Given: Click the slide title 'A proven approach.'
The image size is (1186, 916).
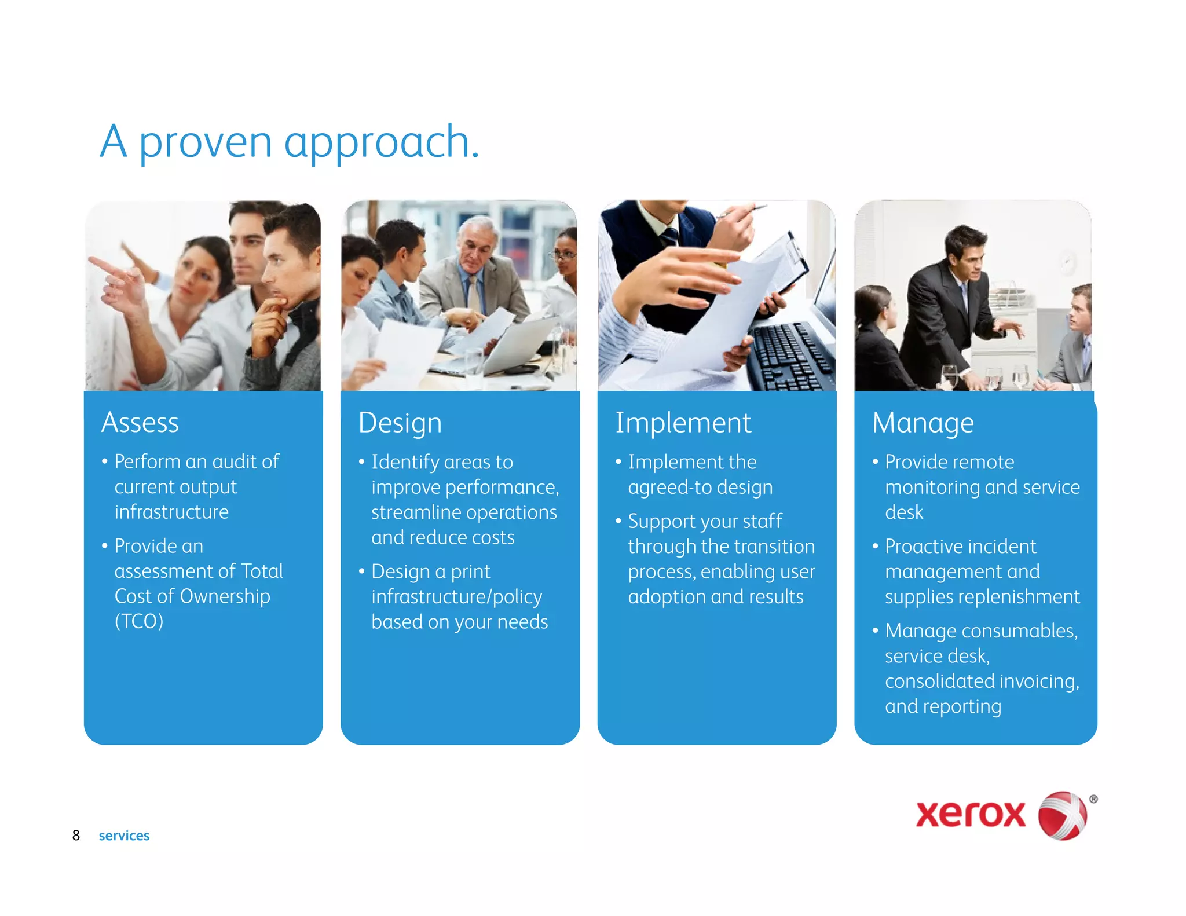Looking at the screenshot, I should point(290,142).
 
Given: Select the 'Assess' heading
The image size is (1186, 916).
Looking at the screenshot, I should point(140,422).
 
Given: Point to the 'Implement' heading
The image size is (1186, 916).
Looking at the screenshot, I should point(683,423).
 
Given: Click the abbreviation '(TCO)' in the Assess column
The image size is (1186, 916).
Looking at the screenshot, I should point(139,621).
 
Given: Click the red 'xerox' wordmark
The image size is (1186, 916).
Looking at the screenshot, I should point(971,814).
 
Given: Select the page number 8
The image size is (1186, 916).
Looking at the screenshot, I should point(76,835).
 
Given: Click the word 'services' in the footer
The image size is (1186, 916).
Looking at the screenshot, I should point(124,836).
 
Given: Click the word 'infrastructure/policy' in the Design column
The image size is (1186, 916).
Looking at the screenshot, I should point(456,596).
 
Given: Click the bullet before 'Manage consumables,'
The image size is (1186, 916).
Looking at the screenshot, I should point(875,630).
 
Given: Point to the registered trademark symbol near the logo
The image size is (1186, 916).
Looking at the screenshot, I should point(1093,799).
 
